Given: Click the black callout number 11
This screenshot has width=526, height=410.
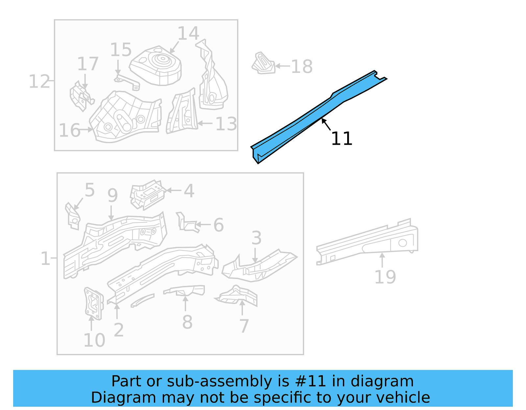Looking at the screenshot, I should coord(342,139).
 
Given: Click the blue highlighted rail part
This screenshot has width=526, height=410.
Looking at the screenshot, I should coord(316,115).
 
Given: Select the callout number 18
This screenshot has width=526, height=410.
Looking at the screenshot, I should coord(301,67).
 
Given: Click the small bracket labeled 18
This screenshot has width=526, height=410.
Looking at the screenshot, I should coord(263,63).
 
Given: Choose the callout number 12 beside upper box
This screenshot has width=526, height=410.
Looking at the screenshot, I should coord(39,81).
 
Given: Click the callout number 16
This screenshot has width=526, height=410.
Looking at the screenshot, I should coord(69,130).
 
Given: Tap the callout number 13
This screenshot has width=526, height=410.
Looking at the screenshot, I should coord(226,124).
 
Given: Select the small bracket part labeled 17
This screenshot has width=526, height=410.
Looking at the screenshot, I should coord(81,97).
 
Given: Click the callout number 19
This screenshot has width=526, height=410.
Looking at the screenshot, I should coord(385,277).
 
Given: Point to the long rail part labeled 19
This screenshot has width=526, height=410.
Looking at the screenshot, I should coord(368,243).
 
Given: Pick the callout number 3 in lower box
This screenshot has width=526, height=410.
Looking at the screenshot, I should coord(256,238).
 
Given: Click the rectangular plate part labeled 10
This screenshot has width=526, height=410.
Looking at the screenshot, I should coord(93,304).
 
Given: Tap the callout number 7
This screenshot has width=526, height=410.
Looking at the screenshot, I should coord(244,326).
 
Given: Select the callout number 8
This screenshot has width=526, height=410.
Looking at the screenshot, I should coord(187,322).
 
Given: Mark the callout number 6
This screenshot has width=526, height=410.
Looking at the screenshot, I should coord(218,225).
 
